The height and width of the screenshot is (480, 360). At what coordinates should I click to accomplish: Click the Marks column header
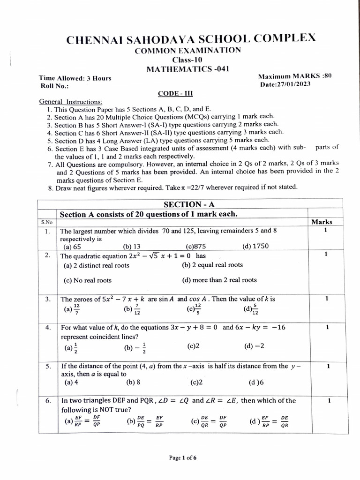click(322, 222)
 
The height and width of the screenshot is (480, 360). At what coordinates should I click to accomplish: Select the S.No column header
click(47, 222)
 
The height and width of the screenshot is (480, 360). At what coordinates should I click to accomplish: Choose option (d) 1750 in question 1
click(255, 247)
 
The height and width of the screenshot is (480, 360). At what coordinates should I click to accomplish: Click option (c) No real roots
click(88, 280)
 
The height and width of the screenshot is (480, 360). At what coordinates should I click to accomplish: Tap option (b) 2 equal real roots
click(212, 265)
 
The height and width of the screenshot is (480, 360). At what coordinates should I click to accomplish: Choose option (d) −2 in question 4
click(254, 346)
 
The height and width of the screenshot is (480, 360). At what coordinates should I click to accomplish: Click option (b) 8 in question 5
click(133, 382)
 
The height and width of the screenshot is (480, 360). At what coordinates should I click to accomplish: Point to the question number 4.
click(48, 328)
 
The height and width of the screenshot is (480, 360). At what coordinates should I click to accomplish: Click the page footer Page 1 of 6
click(182, 458)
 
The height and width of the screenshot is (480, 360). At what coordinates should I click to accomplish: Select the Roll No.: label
click(54, 86)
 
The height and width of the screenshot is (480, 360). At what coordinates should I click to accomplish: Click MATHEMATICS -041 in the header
click(187, 69)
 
